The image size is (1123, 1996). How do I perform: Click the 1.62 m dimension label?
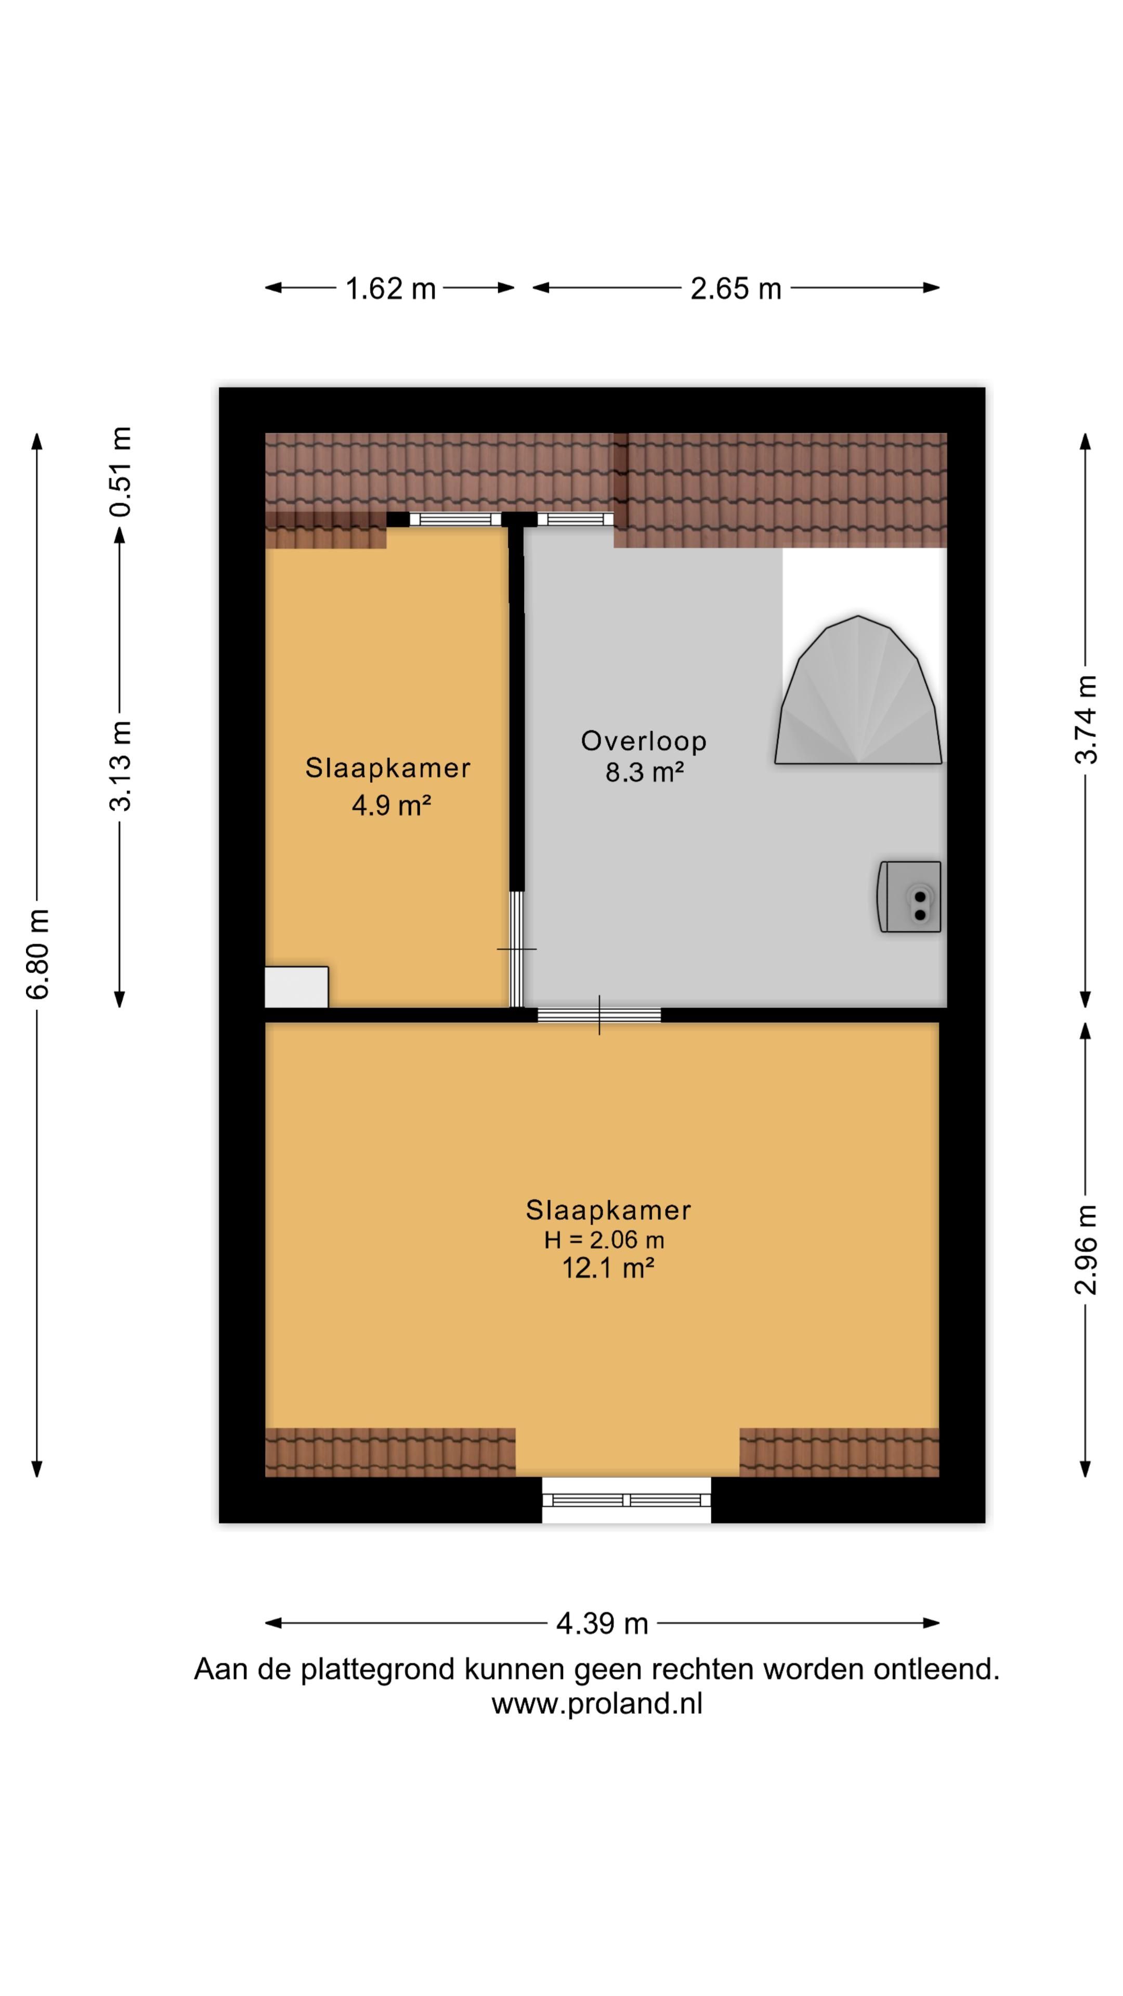[390, 289]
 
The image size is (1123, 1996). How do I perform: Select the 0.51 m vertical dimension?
[120, 471]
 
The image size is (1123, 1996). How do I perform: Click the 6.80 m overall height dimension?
[37, 954]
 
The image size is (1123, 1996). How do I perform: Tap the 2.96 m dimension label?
[1086, 1249]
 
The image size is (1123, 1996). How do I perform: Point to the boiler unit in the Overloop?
[909, 897]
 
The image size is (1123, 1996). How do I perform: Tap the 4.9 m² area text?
[390, 806]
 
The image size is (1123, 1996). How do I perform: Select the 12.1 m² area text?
[608, 1268]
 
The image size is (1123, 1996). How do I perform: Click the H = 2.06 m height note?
[604, 1240]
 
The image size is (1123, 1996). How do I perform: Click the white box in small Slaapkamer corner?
[296, 987]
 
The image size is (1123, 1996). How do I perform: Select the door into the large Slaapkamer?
[599, 1015]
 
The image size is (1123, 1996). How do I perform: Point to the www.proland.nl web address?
[597, 1704]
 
